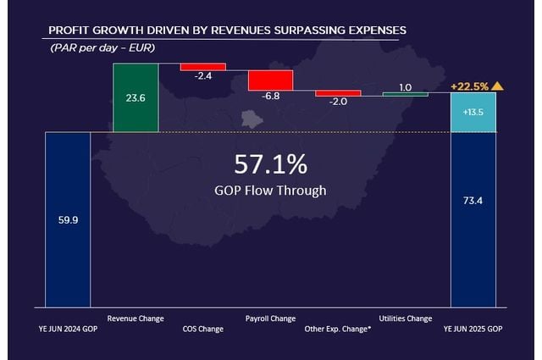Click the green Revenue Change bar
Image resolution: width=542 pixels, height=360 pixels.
pyautogui.click(x=135, y=97)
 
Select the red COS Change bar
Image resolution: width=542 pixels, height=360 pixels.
pyautogui.click(x=203, y=66)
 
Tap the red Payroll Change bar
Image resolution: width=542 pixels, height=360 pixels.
pyautogui.click(x=270, y=80)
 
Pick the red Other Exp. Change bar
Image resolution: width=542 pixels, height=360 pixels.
pyautogui.click(x=338, y=93)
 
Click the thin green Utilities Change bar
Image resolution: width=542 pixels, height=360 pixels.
pyautogui.click(x=406, y=94)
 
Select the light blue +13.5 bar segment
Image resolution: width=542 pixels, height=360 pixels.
pyautogui.click(x=473, y=113)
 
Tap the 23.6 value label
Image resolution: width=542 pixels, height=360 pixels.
pyautogui.click(x=135, y=97)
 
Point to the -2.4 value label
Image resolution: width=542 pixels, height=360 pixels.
pyautogui.click(x=203, y=76)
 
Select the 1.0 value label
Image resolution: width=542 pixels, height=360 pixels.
pyautogui.click(x=405, y=87)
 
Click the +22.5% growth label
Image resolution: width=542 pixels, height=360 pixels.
pyautogui.click(x=468, y=86)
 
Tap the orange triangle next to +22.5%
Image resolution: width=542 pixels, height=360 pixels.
pyautogui.click(x=497, y=86)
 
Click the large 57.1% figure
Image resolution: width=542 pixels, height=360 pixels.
pyautogui.click(x=270, y=163)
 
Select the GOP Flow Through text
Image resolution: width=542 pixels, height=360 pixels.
pyautogui.click(x=270, y=190)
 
